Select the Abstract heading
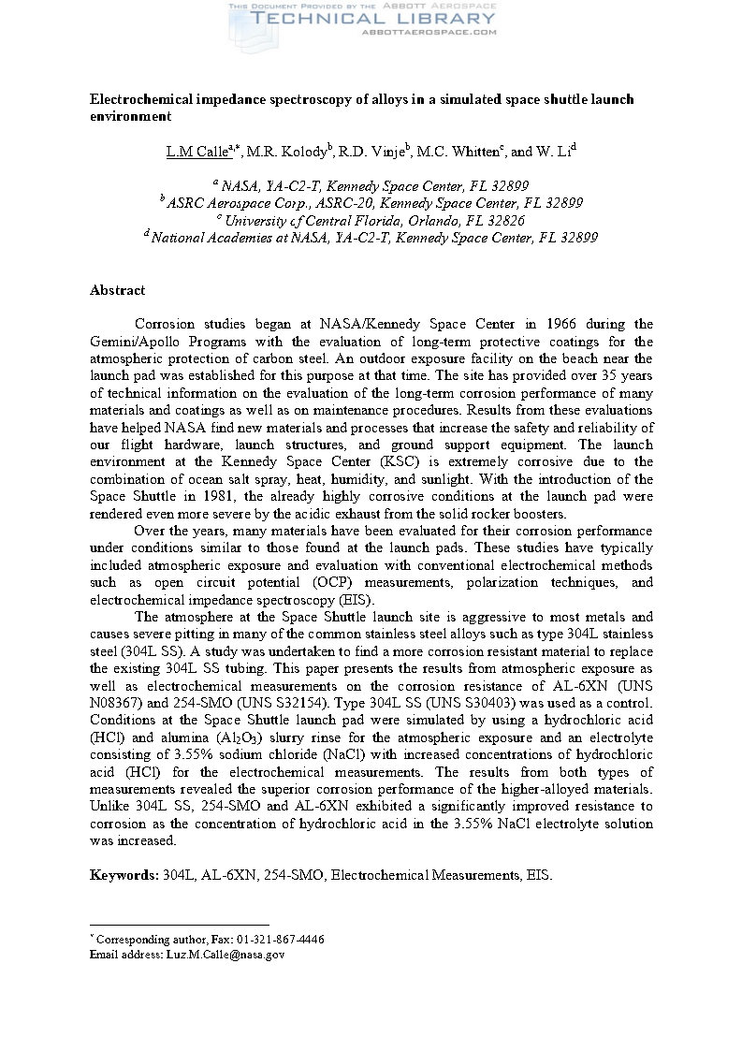point(117,290)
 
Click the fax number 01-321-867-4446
point(281,939)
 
